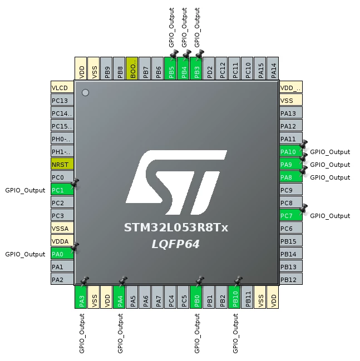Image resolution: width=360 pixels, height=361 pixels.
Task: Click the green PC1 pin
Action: click(x=62, y=190)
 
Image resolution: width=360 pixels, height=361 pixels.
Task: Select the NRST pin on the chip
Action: click(x=62, y=165)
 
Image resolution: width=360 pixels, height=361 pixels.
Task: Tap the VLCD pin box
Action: click(x=62, y=87)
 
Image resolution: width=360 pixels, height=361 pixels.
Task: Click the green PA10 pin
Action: click(x=291, y=152)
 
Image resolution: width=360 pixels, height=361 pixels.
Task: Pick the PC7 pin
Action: click(x=291, y=216)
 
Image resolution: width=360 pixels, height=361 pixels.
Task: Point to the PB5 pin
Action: click(x=171, y=68)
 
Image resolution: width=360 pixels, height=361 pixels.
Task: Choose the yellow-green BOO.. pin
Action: click(x=132, y=68)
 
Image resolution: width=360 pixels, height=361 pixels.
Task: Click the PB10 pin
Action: click(x=234, y=297)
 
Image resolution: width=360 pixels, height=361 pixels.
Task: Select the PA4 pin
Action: click(x=119, y=297)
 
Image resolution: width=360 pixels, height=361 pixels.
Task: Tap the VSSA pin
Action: click(x=62, y=229)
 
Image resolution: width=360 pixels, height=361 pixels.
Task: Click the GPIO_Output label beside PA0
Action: click(x=25, y=254)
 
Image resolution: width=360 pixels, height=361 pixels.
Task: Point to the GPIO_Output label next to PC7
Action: click(x=330, y=216)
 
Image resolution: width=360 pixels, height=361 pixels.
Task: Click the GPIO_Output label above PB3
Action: click(x=197, y=27)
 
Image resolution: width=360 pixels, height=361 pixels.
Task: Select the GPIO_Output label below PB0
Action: click(x=197, y=333)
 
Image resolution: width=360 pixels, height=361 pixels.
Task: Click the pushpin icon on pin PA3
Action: click(x=84, y=281)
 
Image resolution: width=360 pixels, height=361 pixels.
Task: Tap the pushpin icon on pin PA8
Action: click(x=303, y=170)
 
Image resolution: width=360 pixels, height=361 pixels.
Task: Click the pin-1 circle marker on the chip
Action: click(x=85, y=92)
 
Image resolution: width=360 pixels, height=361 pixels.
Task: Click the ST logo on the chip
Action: click(x=176, y=182)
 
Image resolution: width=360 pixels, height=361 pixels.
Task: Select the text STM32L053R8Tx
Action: click(x=176, y=228)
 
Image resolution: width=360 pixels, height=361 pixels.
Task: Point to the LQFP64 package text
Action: click(x=175, y=244)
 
